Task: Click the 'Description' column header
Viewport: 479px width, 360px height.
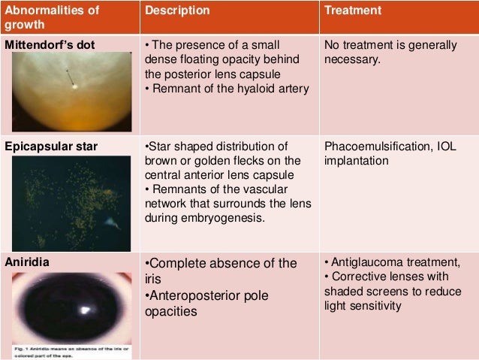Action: click(x=177, y=12)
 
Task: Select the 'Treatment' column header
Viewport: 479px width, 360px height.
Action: click(x=353, y=12)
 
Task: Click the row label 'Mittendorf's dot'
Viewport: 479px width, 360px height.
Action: click(x=50, y=44)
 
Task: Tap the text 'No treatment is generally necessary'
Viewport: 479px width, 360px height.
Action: click(x=390, y=53)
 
